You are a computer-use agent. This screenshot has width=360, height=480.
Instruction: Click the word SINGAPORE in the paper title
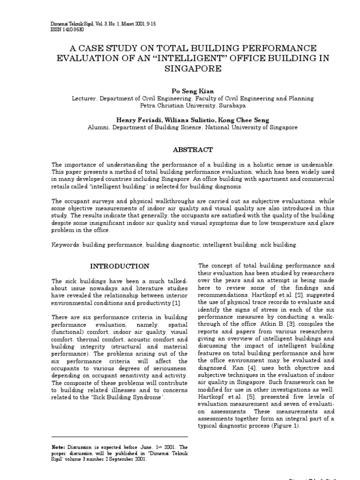tap(192, 68)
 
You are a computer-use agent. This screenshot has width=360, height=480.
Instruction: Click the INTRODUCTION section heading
tap(120, 266)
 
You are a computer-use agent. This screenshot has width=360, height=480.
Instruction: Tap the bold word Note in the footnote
tap(59, 447)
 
